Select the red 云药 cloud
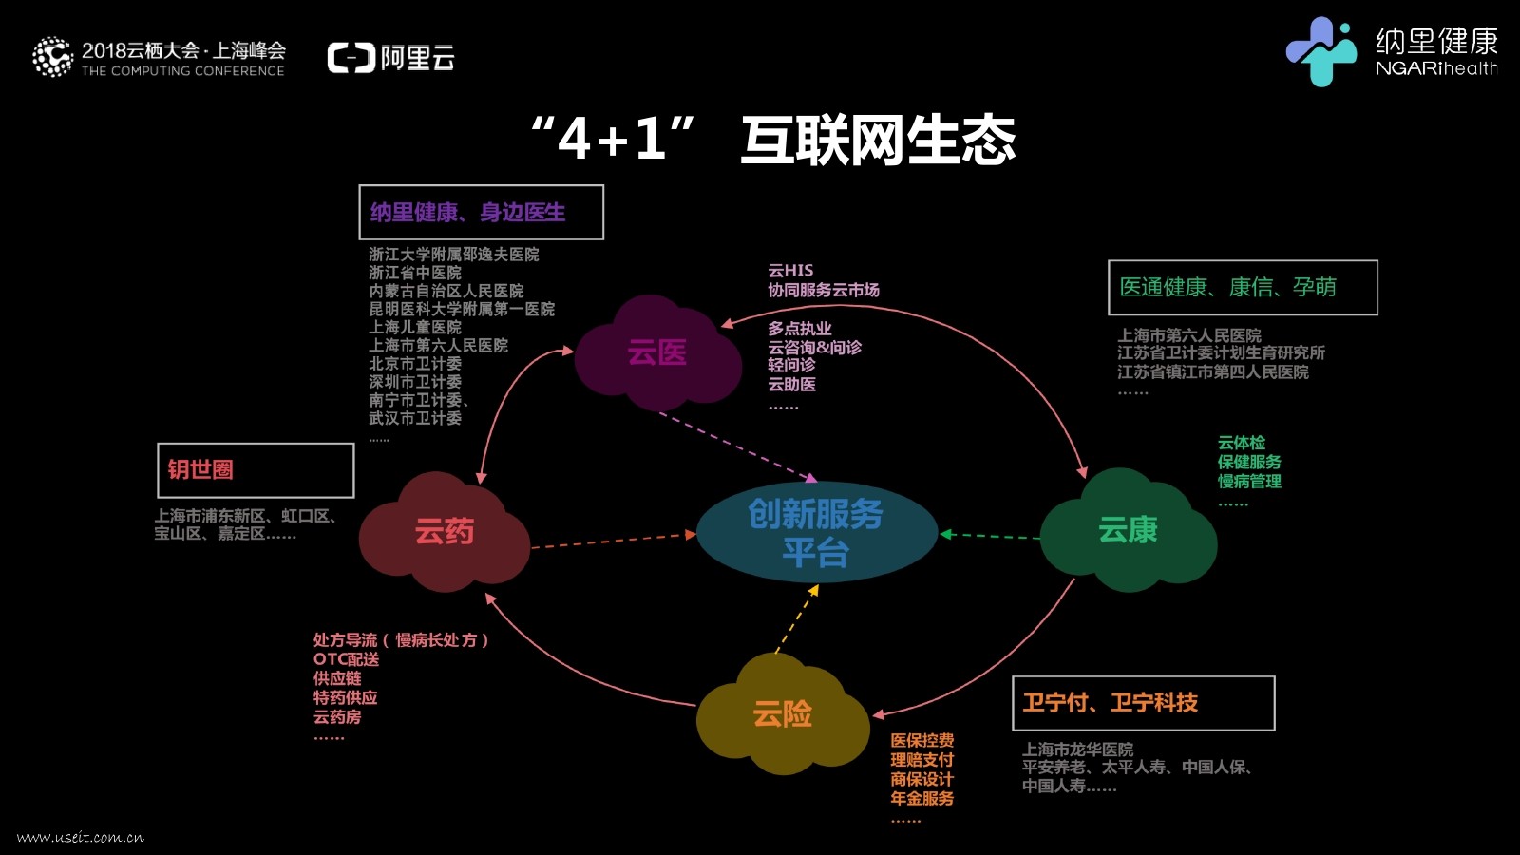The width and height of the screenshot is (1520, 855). pyautogui.click(x=444, y=532)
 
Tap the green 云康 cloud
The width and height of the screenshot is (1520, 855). pyautogui.click(x=1128, y=530)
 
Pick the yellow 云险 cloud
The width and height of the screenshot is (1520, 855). pyautogui.click(x=782, y=714)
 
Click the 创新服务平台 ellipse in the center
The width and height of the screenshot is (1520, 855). pyautogui.click(x=816, y=533)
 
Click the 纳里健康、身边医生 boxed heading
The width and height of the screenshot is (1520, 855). pyautogui.click(x=481, y=212)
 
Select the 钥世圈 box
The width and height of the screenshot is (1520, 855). pyautogui.click(x=256, y=470)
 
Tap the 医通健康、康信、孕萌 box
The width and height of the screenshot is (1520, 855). pyautogui.click(x=1243, y=287)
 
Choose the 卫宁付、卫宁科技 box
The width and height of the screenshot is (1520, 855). pyautogui.click(x=1143, y=703)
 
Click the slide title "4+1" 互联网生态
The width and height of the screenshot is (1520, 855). pyautogui.click(x=773, y=140)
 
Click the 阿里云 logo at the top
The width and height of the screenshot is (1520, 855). pyautogui.click(x=391, y=58)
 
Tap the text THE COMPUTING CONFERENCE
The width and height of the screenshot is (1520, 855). pyautogui.click(x=182, y=71)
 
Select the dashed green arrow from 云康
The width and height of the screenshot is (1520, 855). pyautogui.click(x=990, y=536)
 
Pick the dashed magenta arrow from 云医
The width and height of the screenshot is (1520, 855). pyautogui.click(x=737, y=446)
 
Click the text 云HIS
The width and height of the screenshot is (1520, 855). pyautogui.click(x=790, y=271)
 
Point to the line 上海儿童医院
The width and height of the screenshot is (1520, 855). pyautogui.click(x=415, y=327)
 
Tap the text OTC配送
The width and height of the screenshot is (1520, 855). pyautogui.click(x=346, y=659)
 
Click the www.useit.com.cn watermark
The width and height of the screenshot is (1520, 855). pyautogui.click(x=81, y=837)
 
